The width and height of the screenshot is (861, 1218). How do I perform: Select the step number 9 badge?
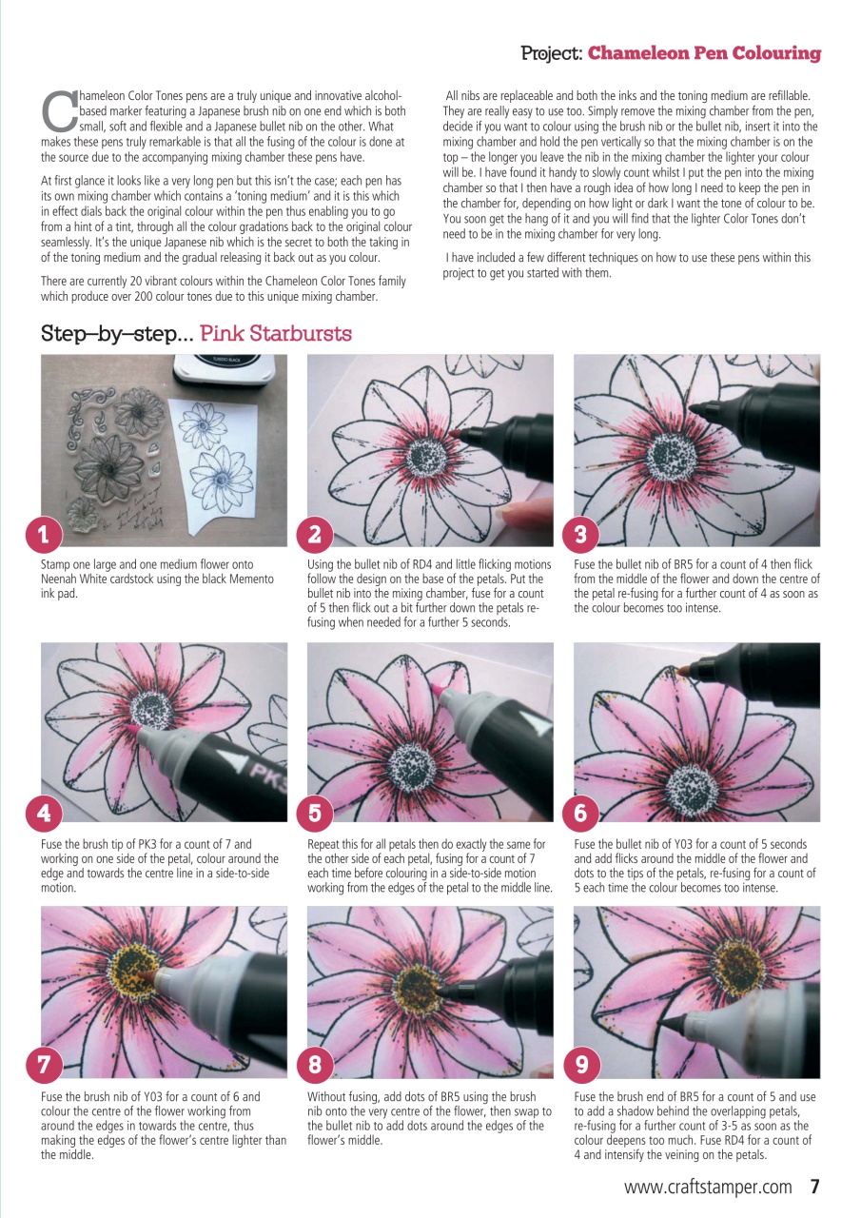577,1067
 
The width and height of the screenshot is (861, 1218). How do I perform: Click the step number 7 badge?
44,1067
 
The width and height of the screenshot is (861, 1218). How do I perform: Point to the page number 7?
814,1187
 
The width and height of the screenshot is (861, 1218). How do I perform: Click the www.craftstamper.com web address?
708,1188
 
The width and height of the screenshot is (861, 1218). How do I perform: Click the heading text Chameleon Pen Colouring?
704,53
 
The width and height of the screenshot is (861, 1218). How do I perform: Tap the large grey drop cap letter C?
59,111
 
